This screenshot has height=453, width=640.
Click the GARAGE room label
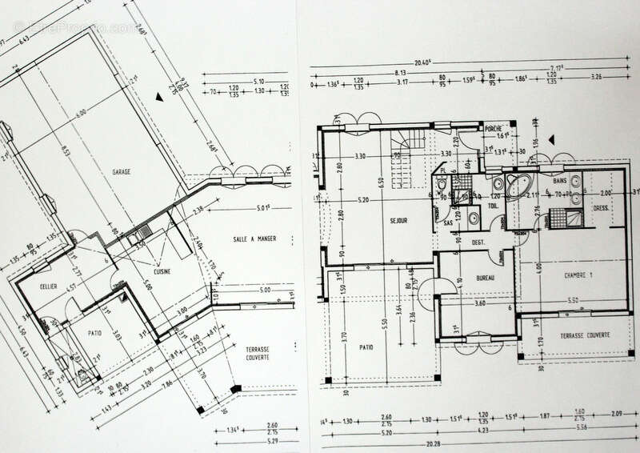coord(122,171)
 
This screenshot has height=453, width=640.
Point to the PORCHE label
coord(494,127)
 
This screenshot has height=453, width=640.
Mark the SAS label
coord(448,223)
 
